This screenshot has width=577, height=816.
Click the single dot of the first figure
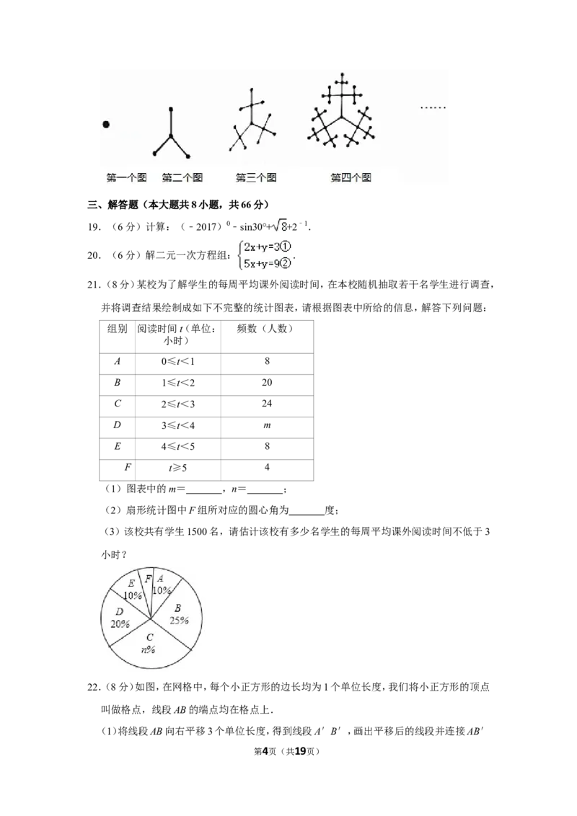[106, 125]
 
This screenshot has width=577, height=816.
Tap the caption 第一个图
[126, 177]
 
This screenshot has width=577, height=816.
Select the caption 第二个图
[182, 177]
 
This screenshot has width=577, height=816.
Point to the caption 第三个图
[256, 177]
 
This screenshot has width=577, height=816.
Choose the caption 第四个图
[351, 177]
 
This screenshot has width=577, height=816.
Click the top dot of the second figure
[171, 110]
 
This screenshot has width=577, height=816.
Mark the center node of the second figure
[171, 136]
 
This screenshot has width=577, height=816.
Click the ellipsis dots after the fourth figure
[433, 108]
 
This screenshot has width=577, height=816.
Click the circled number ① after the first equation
[285, 247]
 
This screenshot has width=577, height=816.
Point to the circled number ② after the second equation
[285, 264]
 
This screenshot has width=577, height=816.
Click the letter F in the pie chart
[148, 579]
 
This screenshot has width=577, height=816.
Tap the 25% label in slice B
[179, 620]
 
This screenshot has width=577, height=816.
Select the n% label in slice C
[149, 649]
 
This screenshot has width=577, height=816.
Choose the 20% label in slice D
[120, 624]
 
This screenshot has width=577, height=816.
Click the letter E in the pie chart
[131, 583]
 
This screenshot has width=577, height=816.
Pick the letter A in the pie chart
[160, 578]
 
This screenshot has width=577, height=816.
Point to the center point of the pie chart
[151, 618]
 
